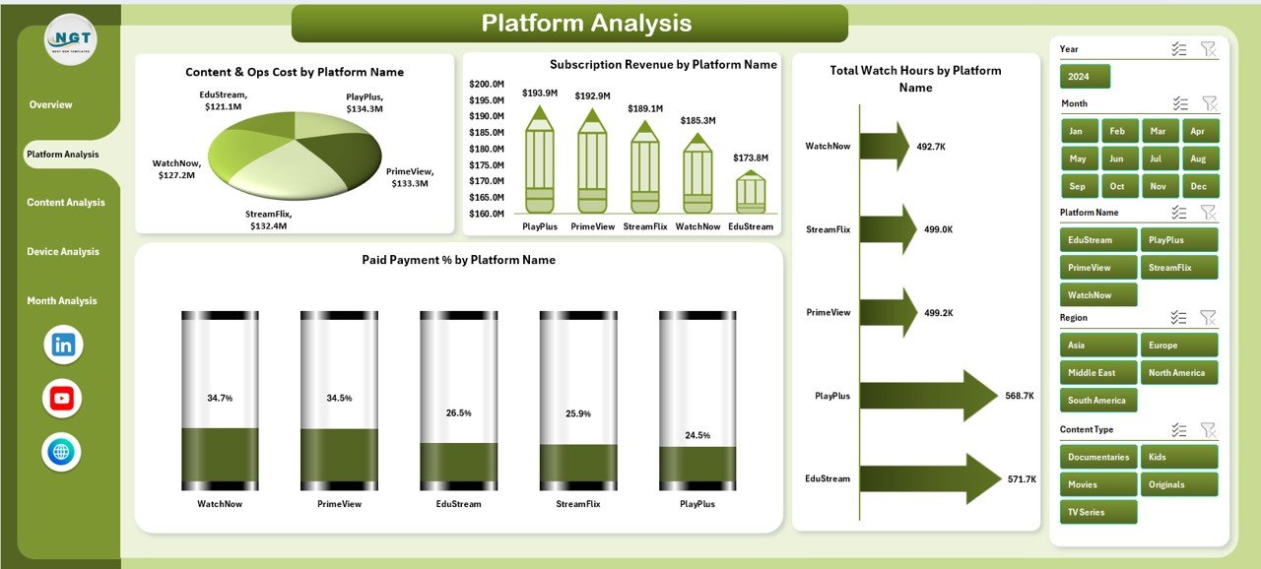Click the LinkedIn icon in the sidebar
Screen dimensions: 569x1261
(x=63, y=345)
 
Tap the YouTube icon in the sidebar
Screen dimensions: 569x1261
(x=62, y=398)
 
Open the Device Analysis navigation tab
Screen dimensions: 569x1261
(x=63, y=252)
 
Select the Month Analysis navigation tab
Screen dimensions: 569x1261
(x=62, y=301)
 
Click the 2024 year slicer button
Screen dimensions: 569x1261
(x=1085, y=77)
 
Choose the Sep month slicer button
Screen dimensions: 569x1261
(x=1077, y=186)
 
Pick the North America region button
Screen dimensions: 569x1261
(x=1177, y=373)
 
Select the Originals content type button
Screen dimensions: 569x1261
(x=1177, y=484)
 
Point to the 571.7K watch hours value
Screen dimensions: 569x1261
(x=1022, y=479)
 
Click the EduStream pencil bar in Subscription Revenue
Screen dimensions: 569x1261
(x=751, y=192)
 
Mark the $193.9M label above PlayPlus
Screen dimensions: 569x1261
(x=540, y=93)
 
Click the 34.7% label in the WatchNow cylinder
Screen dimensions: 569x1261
(x=220, y=398)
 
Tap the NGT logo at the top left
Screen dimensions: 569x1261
(x=71, y=39)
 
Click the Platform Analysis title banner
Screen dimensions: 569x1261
(x=569, y=24)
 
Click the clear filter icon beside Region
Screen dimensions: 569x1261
(x=1209, y=317)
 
